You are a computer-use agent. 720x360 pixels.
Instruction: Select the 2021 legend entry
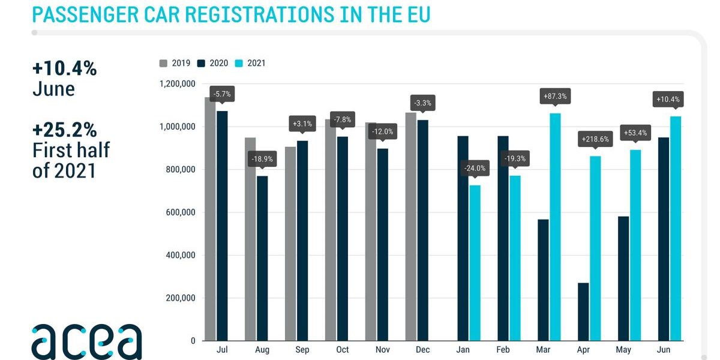pos(250,63)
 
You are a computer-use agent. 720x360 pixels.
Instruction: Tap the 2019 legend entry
pos(175,63)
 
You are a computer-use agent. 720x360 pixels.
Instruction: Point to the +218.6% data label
pos(596,139)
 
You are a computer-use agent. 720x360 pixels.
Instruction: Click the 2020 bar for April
pos(583,312)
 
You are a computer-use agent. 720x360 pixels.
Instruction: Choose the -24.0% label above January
pos(475,169)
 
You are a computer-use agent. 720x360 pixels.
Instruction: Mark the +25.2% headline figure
pos(65,130)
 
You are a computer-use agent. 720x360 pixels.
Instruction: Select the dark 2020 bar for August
pos(263,258)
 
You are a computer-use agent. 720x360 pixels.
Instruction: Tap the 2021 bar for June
pos(676,229)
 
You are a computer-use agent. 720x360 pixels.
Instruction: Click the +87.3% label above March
pos(555,96)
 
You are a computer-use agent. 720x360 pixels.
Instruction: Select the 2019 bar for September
pos(291,244)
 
